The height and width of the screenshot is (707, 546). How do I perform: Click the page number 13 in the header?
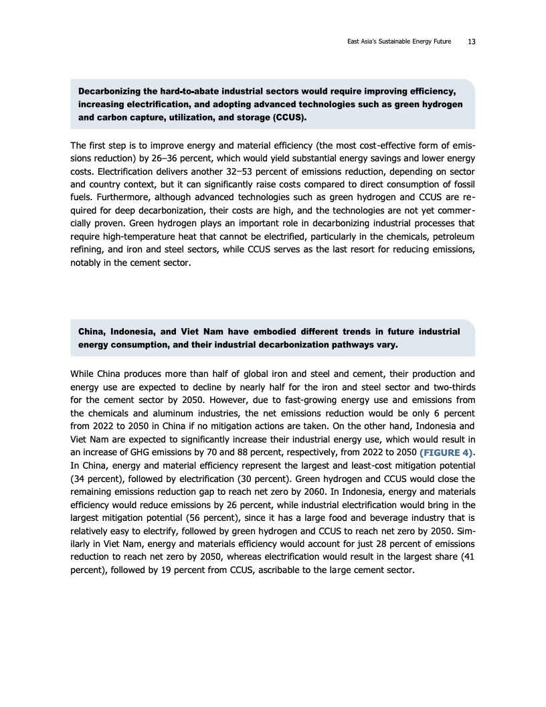(x=472, y=42)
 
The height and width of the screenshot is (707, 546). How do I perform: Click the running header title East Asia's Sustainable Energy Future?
(x=399, y=42)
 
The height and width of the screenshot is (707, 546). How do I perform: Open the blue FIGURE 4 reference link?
(x=446, y=454)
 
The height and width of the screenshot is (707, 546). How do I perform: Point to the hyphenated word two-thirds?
(x=452, y=386)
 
